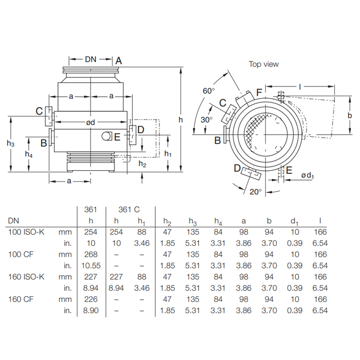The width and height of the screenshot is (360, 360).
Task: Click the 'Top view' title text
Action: [264, 64]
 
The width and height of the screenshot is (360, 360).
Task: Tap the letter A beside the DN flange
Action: [119, 61]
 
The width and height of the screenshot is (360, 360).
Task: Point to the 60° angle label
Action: [208, 91]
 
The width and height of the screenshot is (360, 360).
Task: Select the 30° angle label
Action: [206, 119]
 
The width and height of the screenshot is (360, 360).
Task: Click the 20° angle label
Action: [256, 191]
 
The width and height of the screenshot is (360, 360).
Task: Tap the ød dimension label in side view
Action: [91, 122]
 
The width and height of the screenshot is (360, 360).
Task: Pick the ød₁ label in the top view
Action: [307, 176]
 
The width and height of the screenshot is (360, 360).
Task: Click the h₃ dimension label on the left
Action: [11, 144]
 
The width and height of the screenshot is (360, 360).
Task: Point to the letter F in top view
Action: [259, 93]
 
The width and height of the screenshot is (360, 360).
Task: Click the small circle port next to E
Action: [106, 136]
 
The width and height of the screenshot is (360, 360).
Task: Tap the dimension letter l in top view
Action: [299, 87]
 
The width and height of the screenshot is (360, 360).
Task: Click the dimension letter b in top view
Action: [349, 115]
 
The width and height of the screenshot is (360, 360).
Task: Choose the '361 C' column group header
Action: [129, 210]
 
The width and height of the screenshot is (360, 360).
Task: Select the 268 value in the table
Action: [91, 254]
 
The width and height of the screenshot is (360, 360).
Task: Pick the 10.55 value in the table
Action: [91, 265]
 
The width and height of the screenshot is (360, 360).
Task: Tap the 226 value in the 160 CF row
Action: [91, 299]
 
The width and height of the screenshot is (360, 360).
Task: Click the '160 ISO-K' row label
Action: [26, 277]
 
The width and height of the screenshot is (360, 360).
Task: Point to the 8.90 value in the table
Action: [91, 311]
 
